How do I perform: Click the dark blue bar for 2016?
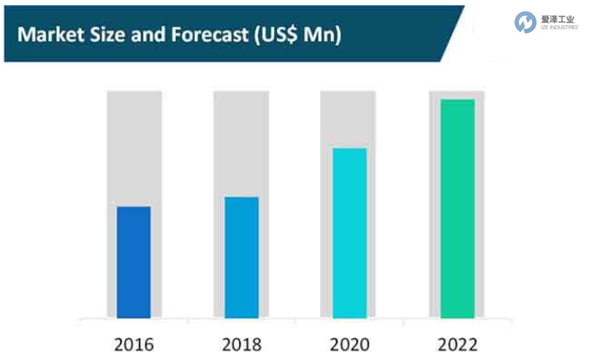[134, 262]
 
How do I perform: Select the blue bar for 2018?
[241, 256]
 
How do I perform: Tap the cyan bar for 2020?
[348, 232]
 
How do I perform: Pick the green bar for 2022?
[457, 208]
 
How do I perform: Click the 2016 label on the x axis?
[134, 344]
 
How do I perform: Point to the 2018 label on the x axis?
[241, 344]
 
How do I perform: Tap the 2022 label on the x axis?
[457, 344]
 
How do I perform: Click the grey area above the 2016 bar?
[134, 147]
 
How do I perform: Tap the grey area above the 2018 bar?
[241, 142]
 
